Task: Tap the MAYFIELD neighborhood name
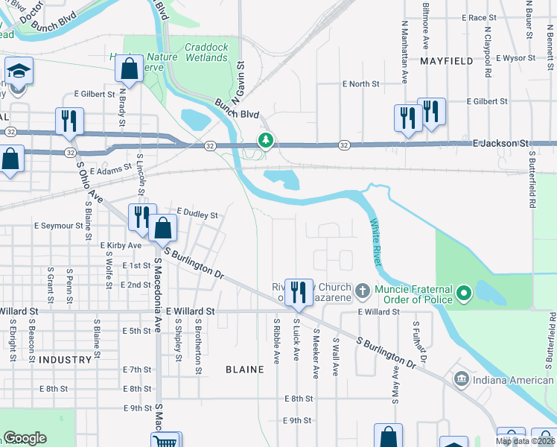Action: [447, 61]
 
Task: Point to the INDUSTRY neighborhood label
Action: [66, 360]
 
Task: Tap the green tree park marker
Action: [264, 140]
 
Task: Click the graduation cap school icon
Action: [18, 72]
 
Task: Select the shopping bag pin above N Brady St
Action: [129, 69]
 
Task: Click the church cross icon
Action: [362, 289]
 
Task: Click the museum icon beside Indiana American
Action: [461, 380]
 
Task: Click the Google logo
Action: [25, 438]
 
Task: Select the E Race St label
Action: [479, 17]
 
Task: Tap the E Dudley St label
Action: [197, 215]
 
